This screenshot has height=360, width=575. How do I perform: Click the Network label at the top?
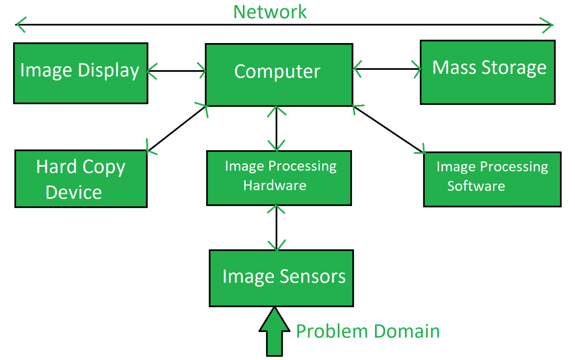(x=270, y=12)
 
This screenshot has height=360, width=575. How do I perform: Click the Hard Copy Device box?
(x=81, y=179)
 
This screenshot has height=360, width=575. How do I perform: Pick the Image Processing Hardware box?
(x=279, y=178)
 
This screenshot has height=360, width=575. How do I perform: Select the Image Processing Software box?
(x=492, y=179)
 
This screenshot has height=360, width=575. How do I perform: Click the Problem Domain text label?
(x=368, y=332)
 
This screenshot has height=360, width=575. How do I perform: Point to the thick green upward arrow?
(x=274, y=333)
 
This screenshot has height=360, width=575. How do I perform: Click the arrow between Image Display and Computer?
(x=177, y=70)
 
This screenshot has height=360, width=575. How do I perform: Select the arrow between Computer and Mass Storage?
(x=387, y=69)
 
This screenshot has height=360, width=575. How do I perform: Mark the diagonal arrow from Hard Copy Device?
(x=177, y=128)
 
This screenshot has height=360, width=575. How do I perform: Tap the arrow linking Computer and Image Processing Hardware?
(x=277, y=128)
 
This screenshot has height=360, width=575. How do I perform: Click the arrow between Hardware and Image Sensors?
(x=277, y=227)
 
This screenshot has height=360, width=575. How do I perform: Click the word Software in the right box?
(x=476, y=186)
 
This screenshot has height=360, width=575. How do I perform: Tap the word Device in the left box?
(x=73, y=193)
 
